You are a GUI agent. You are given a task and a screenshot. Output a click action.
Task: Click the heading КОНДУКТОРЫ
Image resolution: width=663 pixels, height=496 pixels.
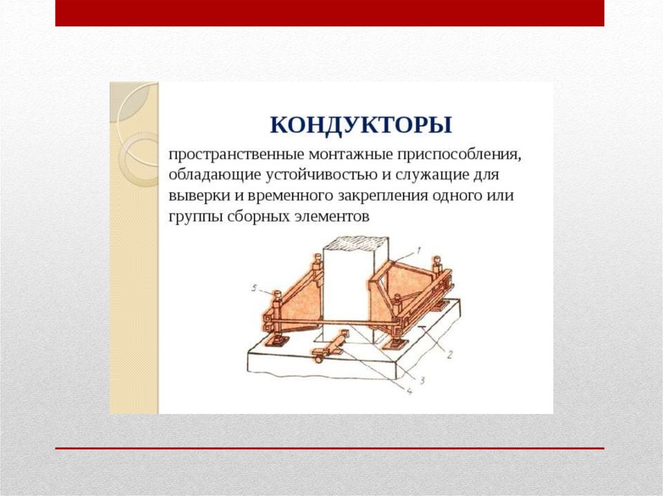[x=361, y=125]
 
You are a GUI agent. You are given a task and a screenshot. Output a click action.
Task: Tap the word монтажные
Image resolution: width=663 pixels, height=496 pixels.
[x=350, y=155]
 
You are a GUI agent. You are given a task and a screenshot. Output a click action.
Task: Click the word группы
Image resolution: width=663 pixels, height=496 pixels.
[x=196, y=217]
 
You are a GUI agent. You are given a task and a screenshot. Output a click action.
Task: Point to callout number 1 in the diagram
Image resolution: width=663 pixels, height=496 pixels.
[x=418, y=251]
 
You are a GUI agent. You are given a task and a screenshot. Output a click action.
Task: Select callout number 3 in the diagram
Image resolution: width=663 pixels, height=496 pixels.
[x=421, y=380]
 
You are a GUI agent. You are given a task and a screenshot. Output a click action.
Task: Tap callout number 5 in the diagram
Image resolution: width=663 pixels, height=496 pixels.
[x=254, y=288]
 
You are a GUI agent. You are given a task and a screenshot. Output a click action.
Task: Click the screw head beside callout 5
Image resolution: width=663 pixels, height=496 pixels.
[x=276, y=294]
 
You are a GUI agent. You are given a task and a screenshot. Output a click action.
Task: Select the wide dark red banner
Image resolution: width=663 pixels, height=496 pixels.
[x=330, y=13]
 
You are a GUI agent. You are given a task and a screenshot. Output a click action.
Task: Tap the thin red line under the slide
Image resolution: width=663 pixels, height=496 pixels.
[x=330, y=448]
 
